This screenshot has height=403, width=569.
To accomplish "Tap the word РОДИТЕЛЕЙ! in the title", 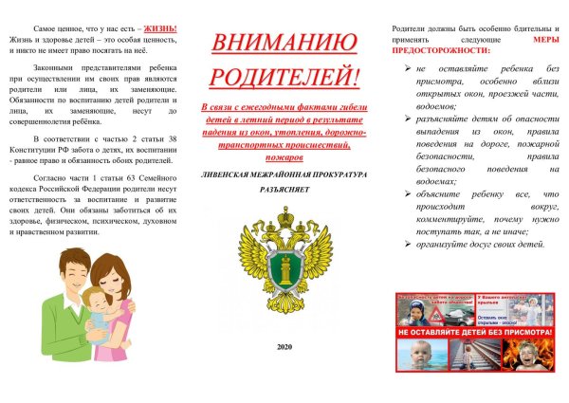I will tap(284, 75).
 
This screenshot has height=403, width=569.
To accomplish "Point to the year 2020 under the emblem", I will tap(284, 347).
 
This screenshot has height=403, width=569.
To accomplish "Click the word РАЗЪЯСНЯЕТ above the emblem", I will tap(284, 191).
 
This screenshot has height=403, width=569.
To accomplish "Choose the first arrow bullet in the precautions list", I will tap(407, 69).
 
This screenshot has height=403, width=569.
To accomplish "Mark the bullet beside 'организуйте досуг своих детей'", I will tap(407, 244).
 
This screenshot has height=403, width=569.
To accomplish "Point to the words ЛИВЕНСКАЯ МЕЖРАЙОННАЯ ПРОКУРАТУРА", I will tap(284, 175).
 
